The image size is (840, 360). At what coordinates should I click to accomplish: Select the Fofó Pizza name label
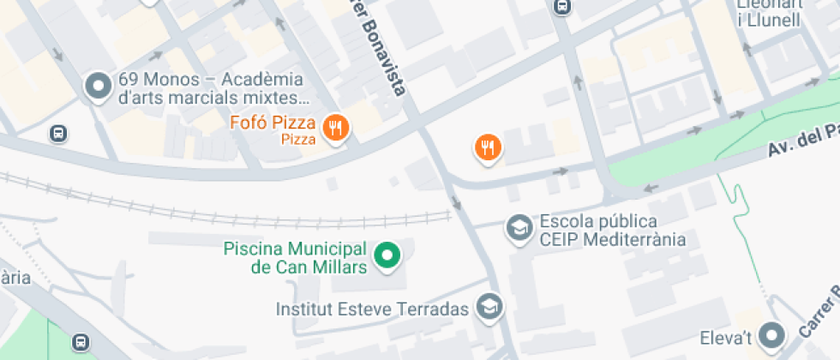tap(273, 123)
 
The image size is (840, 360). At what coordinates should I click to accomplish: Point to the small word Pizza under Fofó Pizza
tap(298, 138)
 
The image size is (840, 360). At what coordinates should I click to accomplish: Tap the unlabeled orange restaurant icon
tap(489, 147)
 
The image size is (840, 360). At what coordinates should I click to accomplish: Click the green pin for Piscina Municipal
tap(388, 255)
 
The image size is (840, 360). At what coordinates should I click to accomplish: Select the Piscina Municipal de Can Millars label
tap(295, 258)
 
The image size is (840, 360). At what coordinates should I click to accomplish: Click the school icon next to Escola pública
tap(518, 229)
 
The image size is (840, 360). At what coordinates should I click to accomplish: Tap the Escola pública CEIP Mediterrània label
tap(612, 230)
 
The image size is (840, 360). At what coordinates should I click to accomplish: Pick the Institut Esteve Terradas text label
tap(372, 309)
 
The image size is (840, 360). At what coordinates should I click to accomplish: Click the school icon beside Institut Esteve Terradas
tap(489, 307)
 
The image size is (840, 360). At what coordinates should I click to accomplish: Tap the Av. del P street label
tap(801, 142)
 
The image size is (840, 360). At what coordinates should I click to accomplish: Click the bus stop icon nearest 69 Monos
tap(58, 134)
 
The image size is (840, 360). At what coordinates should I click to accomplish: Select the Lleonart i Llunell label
tap(770, 12)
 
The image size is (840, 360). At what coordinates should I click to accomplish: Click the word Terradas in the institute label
tap(438, 309)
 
